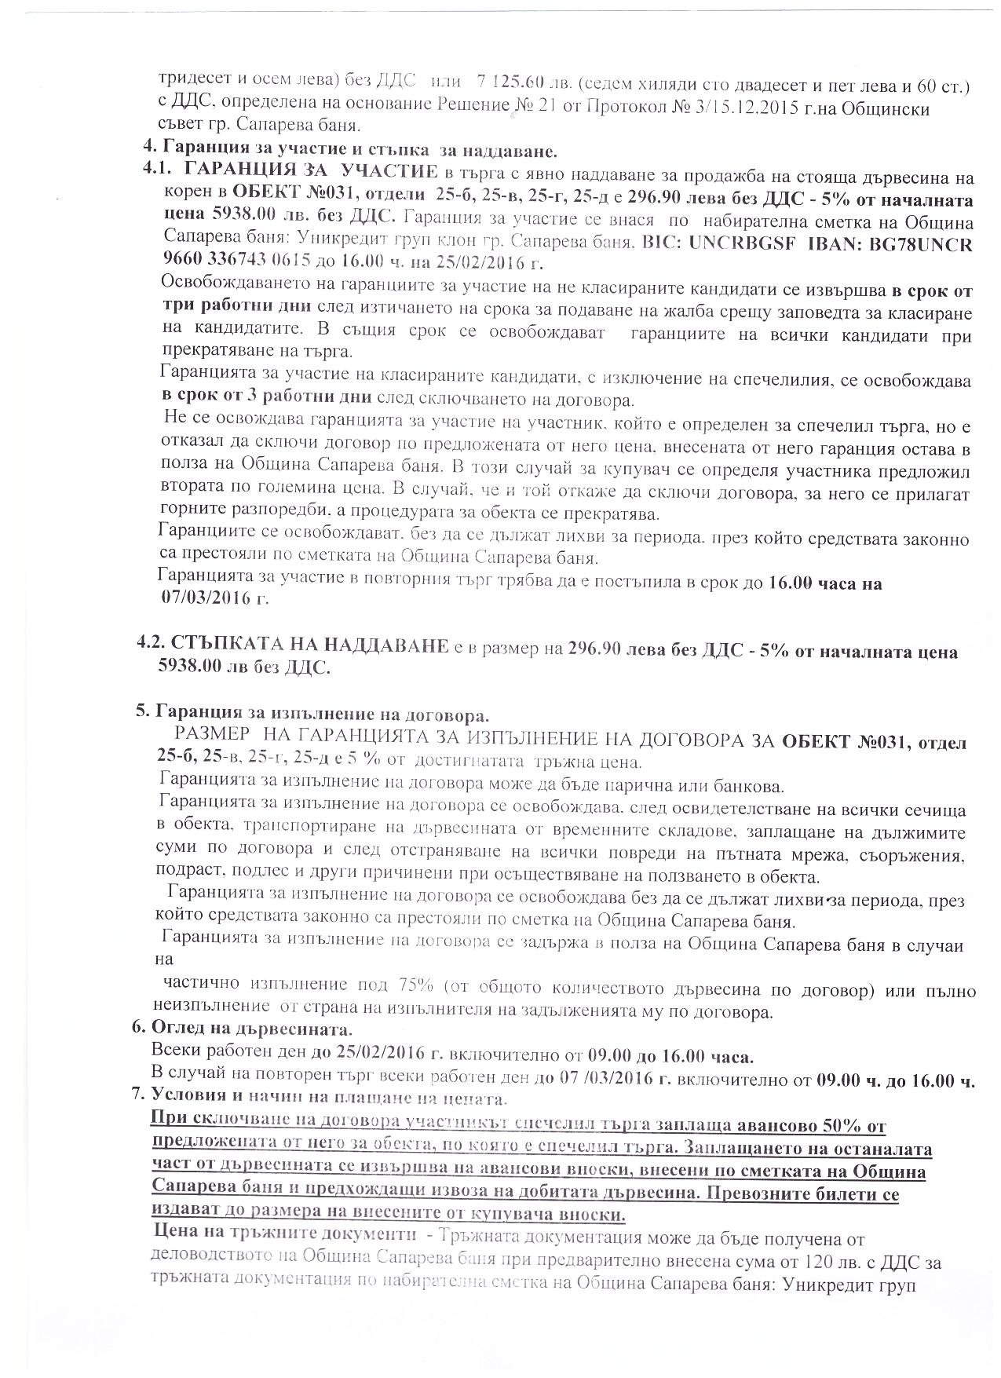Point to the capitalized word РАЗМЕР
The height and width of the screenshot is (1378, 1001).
point(213,740)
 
